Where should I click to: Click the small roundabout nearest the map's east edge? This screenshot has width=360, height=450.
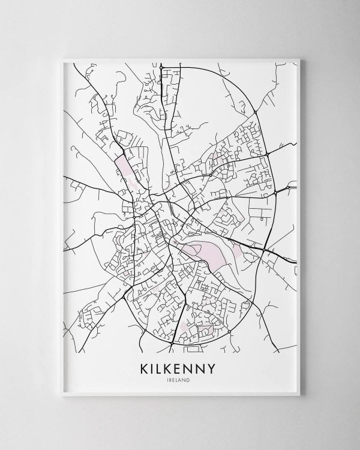coord(288,188)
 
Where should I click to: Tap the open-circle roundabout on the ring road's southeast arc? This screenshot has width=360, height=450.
coord(229,331)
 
